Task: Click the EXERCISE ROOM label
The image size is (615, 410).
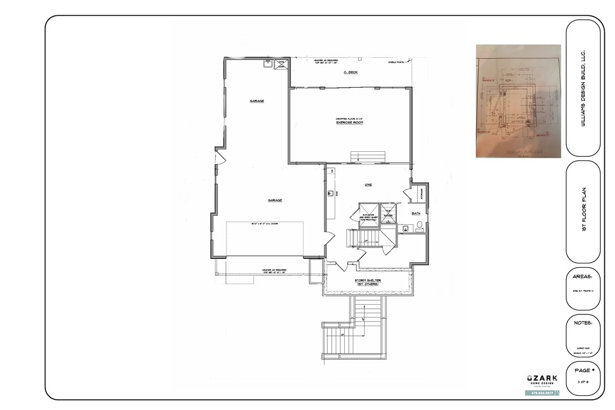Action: tap(349, 122)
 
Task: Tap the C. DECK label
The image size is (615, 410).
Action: tap(351, 72)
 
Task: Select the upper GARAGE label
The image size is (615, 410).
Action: tap(257, 101)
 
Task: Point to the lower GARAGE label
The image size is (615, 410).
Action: tap(275, 200)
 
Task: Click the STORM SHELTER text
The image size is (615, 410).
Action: tap(368, 281)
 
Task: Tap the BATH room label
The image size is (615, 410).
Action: tap(416, 213)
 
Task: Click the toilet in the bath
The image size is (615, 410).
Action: tap(419, 226)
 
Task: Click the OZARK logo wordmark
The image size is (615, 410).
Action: tap(542, 378)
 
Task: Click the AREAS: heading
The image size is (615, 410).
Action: tap(583, 277)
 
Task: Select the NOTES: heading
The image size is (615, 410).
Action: tap(583, 322)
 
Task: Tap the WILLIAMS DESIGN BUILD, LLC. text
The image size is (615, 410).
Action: tap(584, 89)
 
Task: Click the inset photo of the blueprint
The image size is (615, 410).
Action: tap(518, 100)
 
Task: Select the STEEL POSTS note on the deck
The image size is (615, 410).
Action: tap(395, 62)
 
